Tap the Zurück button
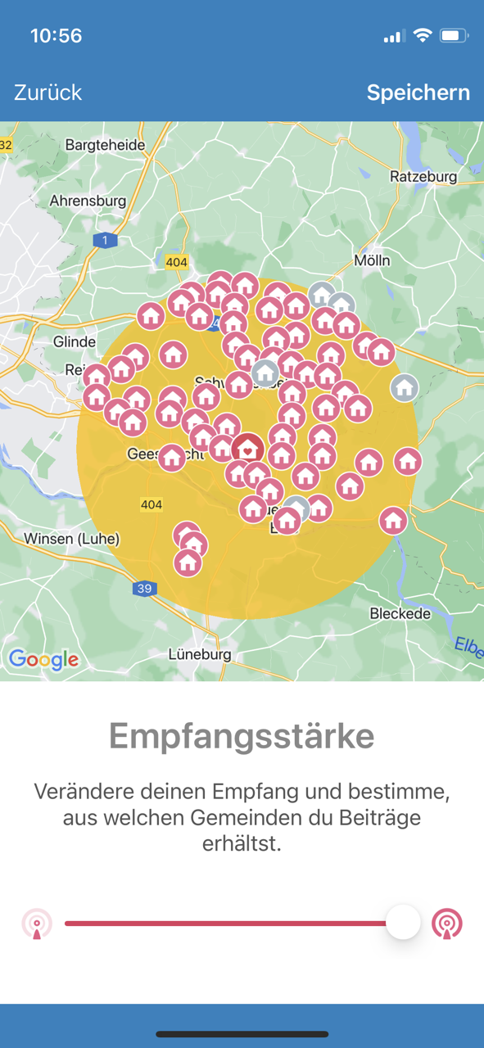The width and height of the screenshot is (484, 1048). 48,93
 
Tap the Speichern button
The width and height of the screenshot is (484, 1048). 418,93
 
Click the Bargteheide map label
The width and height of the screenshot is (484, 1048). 105,145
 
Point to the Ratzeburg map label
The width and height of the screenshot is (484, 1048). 423,176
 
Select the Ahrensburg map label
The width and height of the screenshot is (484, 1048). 88,201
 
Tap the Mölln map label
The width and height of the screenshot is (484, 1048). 372,260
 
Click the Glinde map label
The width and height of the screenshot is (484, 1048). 74,341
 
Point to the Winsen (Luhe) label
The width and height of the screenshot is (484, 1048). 72,539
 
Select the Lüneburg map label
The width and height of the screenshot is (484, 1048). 200,654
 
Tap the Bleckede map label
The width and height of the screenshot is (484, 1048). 401,613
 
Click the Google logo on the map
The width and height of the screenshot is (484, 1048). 44,659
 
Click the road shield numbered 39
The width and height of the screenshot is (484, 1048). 145,589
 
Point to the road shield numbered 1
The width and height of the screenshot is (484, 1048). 105,240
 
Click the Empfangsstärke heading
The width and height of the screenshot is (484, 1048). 242,736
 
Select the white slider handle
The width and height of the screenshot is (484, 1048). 403,923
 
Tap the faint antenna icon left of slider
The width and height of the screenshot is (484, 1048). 37,924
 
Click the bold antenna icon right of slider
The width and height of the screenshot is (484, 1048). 447,924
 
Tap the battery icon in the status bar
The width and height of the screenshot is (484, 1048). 453,36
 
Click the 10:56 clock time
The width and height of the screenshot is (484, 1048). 56,36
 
